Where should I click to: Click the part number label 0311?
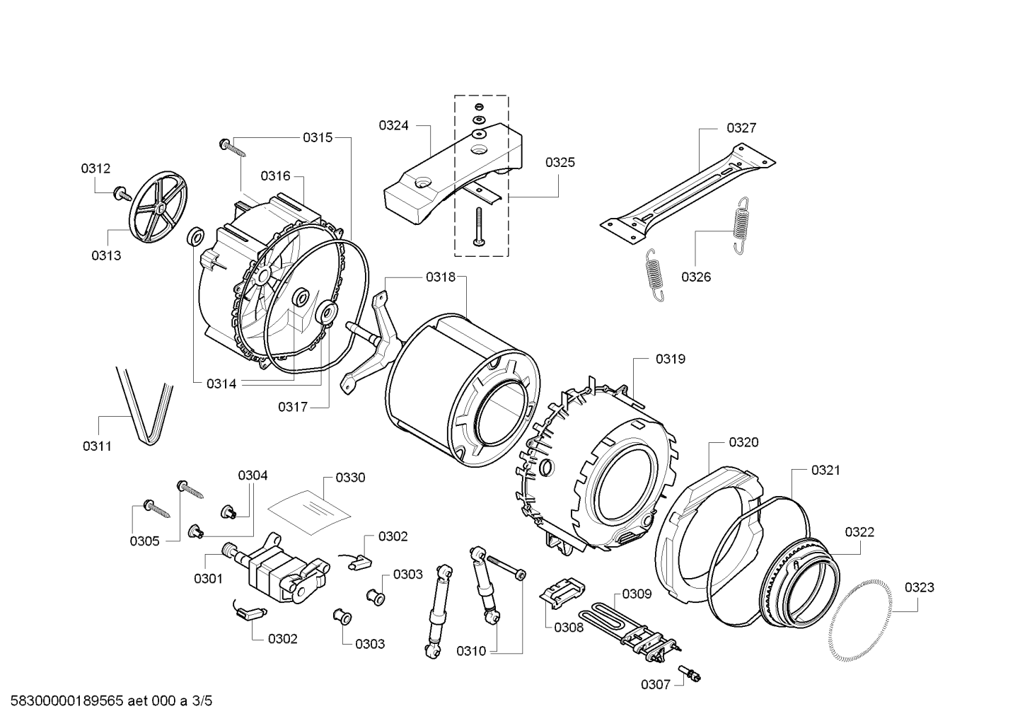97,446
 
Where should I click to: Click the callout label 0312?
95,168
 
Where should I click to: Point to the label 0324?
393,126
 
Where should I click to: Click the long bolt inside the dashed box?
480,226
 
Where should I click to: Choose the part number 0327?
741,128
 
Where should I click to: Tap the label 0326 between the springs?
696,277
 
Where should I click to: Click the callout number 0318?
441,277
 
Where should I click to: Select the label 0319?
670,359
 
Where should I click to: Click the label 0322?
859,531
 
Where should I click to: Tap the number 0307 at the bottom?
655,684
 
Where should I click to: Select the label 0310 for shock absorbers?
471,651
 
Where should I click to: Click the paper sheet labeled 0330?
309,512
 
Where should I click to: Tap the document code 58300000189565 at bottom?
67,701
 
